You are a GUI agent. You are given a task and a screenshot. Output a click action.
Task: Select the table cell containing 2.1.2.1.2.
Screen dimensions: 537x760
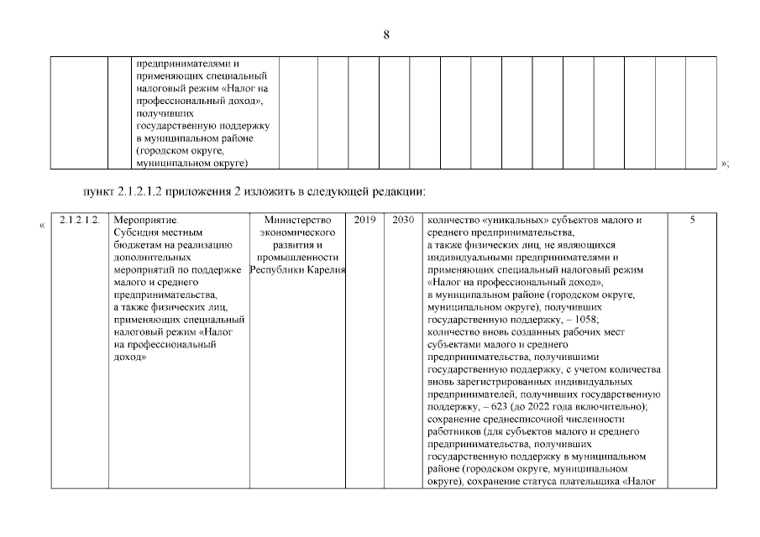(x=79, y=221)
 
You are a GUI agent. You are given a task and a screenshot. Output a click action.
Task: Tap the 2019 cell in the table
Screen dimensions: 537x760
(x=364, y=221)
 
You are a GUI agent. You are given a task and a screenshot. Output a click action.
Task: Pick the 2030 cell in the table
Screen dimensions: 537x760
(x=403, y=221)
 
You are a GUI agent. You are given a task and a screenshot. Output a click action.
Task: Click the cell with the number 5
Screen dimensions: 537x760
(x=692, y=221)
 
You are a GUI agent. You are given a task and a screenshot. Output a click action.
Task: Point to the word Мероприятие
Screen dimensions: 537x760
(x=139, y=221)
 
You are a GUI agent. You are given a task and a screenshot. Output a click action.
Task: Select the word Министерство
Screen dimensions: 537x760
(x=297, y=221)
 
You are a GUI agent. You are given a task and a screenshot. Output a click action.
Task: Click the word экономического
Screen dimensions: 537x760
(x=297, y=232)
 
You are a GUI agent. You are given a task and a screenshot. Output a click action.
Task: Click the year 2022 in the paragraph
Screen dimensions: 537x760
(x=548, y=407)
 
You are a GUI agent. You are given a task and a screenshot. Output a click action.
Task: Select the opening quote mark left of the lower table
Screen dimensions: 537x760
(x=42, y=223)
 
